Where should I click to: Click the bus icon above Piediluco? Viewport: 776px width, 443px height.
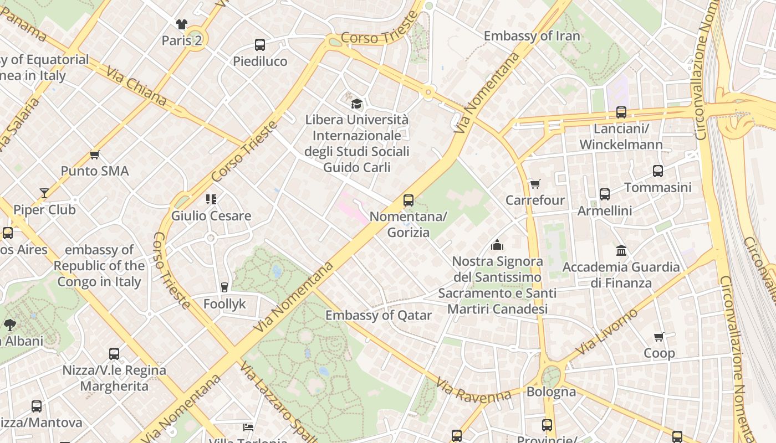click(259, 45)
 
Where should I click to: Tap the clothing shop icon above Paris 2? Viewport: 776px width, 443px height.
click(181, 24)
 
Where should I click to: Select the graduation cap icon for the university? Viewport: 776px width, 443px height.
click(357, 104)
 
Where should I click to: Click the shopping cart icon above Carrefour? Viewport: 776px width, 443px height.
click(535, 184)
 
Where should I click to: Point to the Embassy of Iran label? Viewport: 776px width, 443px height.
click(532, 36)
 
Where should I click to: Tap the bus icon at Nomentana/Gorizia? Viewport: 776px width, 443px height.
click(409, 200)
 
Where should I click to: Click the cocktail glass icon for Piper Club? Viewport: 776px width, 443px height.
click(44, 193)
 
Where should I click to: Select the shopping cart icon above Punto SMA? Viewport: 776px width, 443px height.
click(95, 155)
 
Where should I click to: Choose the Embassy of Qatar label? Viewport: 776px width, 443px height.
click(378, 315)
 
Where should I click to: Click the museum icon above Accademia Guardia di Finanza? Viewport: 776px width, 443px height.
click(621, 251)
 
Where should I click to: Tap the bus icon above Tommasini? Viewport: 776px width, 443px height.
click(658, 171)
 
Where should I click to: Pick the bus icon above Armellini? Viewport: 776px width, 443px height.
click(605, 194)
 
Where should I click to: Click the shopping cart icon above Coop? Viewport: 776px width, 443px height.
click(659, 337)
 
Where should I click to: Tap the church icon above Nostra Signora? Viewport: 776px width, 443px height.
click(497, 245)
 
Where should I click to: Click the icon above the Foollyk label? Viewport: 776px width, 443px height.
click(224, 287)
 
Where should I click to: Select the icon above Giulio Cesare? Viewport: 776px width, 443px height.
click(211, 199)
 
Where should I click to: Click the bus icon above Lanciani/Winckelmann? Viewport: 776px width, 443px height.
click(621, 112)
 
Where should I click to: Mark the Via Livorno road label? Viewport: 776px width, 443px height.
click(607, 332)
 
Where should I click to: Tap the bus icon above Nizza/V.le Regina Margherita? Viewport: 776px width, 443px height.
click(114, 353)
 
